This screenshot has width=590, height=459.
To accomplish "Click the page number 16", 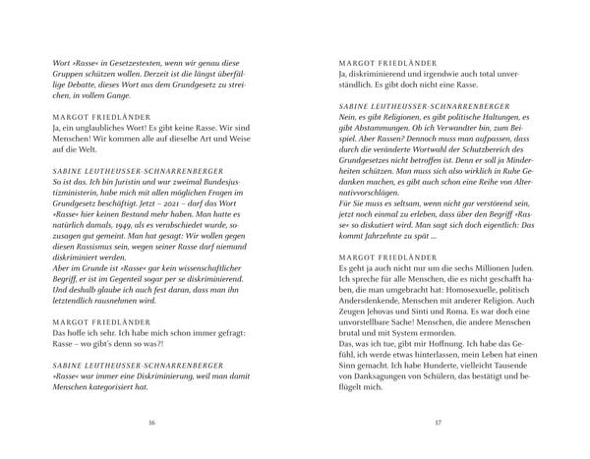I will click(x=150, y=423).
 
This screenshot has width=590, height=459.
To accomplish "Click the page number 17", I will click(x=437, y=423).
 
